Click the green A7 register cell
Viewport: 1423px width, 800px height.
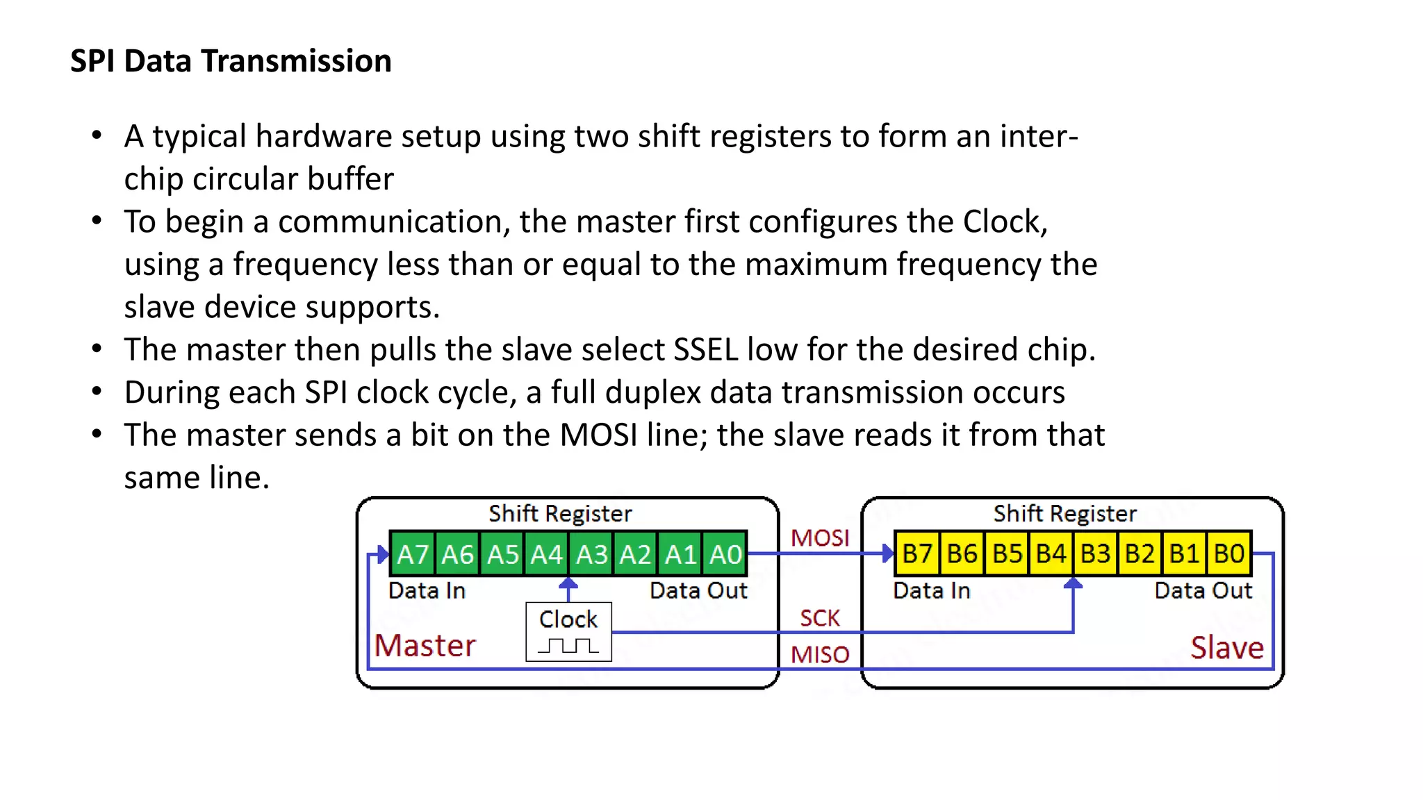pyautogui.click(x=413, y=554)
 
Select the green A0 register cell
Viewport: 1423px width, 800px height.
pyautogui.click(x=725, y=554)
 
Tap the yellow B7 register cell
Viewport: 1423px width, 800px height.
pyautogui.click(x=917, y=553)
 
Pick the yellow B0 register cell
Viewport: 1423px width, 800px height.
pyautogui.click(x=1229, y=553)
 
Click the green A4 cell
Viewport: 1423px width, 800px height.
pyautogui.click(x=547, y=554)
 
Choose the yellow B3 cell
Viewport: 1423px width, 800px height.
pyautogui.click(x=1096, y=553)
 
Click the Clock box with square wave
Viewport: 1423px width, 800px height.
pyautogui.click(x=568, y=631)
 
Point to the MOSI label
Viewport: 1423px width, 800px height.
pyautogui.click(x=820, y=537)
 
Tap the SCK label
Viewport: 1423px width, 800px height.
pyautogui.click(x=820, y=617)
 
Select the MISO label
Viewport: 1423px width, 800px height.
pyautogui.click(x=820, y=654)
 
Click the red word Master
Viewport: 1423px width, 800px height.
pyautogui.click(x=425, y=645)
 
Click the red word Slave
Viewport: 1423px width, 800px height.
pyautogui.click(x=1227, y=647)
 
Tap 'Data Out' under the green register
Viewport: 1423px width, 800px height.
pyautogui.click(x=698, y=590)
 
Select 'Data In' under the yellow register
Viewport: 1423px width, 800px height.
pyautogui.click(x=931, y=590)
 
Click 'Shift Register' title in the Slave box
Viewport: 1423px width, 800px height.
pyautogui.click(x=1064, y=513)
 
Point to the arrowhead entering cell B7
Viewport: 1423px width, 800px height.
pyautogui.click(x=887, y=553)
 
